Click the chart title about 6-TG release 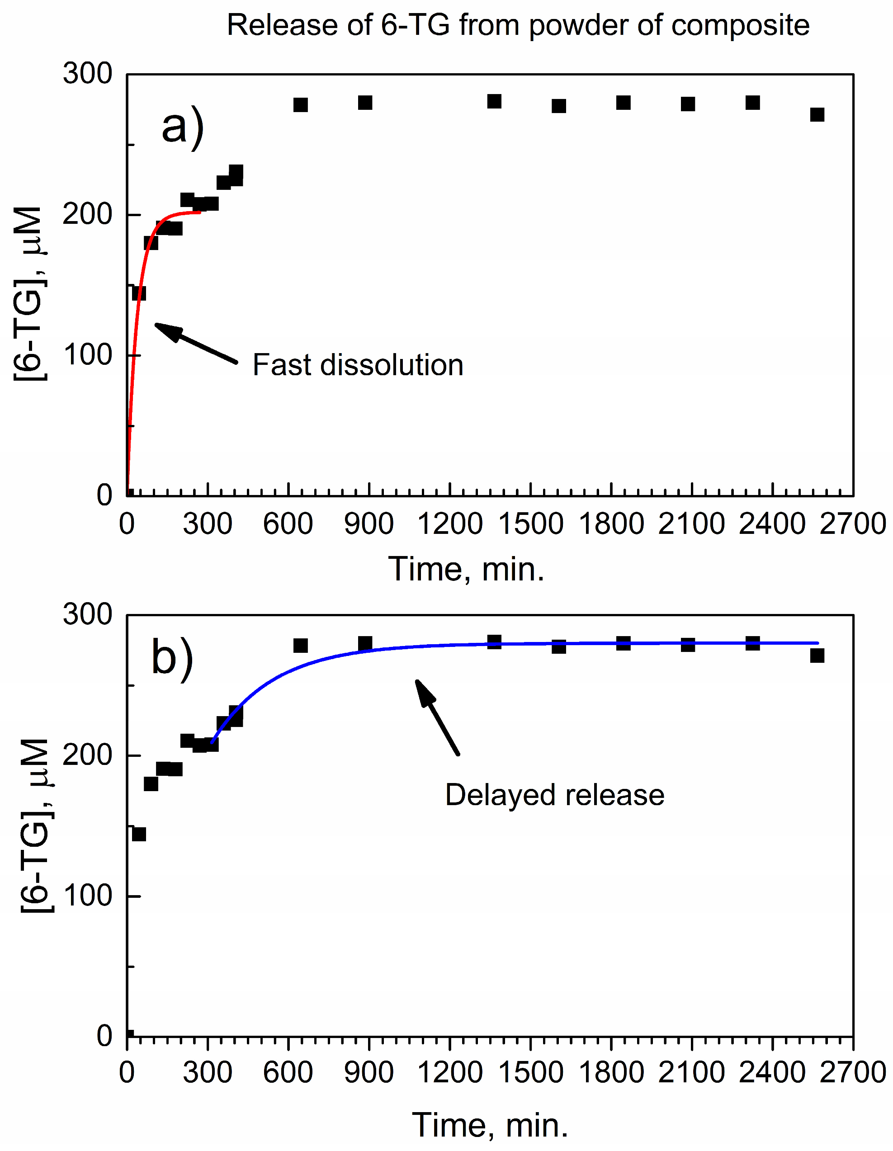point(518,25)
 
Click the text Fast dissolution point(358,365)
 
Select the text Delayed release point(555,795)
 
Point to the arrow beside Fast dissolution point(196,343)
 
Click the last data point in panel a point(817,114)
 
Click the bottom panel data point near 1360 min point(494,642)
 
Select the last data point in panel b point(817,655)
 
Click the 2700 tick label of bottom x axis point(852,1072)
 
